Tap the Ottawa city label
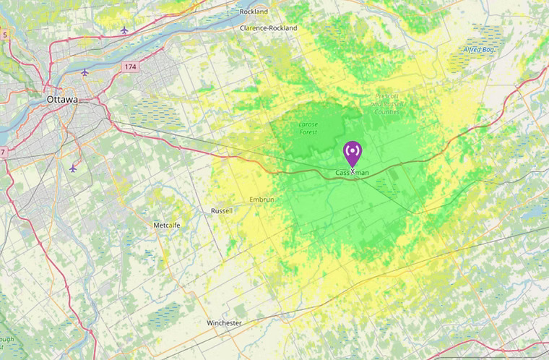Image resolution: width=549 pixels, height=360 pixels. click(x=61, y=99)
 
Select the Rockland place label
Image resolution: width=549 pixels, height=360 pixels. click(x=254, y=12)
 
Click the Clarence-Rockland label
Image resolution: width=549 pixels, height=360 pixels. click(x=268, y=28)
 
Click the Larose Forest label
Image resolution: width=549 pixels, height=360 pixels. click(x=308, y=128)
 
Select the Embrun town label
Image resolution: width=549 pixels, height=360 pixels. click(x=262, y=199)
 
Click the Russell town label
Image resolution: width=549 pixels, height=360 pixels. click(x=221, y=211)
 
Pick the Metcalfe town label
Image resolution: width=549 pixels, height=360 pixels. click(x=166, y=226)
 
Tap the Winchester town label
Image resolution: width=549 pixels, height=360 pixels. click(x=224, y=322)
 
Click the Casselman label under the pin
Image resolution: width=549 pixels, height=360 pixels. click(x=353, y=173)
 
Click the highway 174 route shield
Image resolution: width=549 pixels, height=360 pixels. click(x=129, y=67)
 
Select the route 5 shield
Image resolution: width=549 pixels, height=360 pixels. click(x=4, y=34)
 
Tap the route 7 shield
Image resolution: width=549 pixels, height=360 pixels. click(x=3, y=152)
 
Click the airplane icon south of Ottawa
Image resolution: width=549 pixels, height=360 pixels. click(x=72, y=168)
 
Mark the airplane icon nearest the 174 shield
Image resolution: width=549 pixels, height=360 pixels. click(x=85, y=72)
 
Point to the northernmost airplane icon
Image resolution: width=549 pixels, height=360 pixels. click(x=125, y=30)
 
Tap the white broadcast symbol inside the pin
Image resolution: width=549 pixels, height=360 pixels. click(x=353, y=151)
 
